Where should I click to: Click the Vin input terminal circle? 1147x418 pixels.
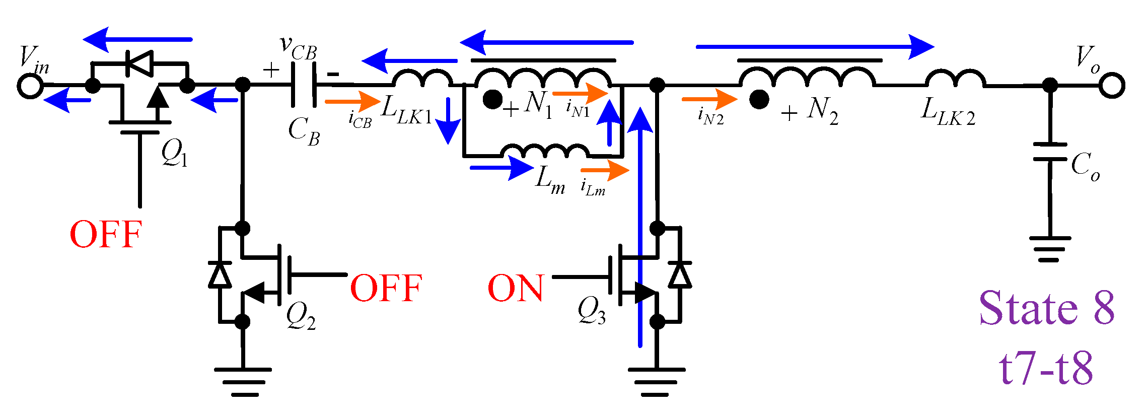click(30, 86)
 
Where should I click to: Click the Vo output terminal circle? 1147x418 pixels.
click(1111, 85)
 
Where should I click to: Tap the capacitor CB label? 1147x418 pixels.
click(304, 131)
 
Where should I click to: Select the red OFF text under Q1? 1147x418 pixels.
click(106, 235)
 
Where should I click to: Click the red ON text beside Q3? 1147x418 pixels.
click(516, 289)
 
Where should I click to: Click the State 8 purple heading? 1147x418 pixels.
click(1046, 308)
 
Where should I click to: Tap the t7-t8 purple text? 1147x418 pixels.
click(1046, 368)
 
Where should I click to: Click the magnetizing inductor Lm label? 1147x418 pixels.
click(549, 180)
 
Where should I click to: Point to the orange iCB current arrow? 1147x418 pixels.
click(352, 102)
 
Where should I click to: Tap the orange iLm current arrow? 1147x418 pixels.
click(604, 170)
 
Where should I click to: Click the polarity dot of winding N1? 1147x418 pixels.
click(492, 99)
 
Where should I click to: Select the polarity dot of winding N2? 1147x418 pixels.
click(758, 99)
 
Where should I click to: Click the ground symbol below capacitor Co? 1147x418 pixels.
click(1050, 249)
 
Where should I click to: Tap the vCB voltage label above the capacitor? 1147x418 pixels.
click(299, 48)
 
